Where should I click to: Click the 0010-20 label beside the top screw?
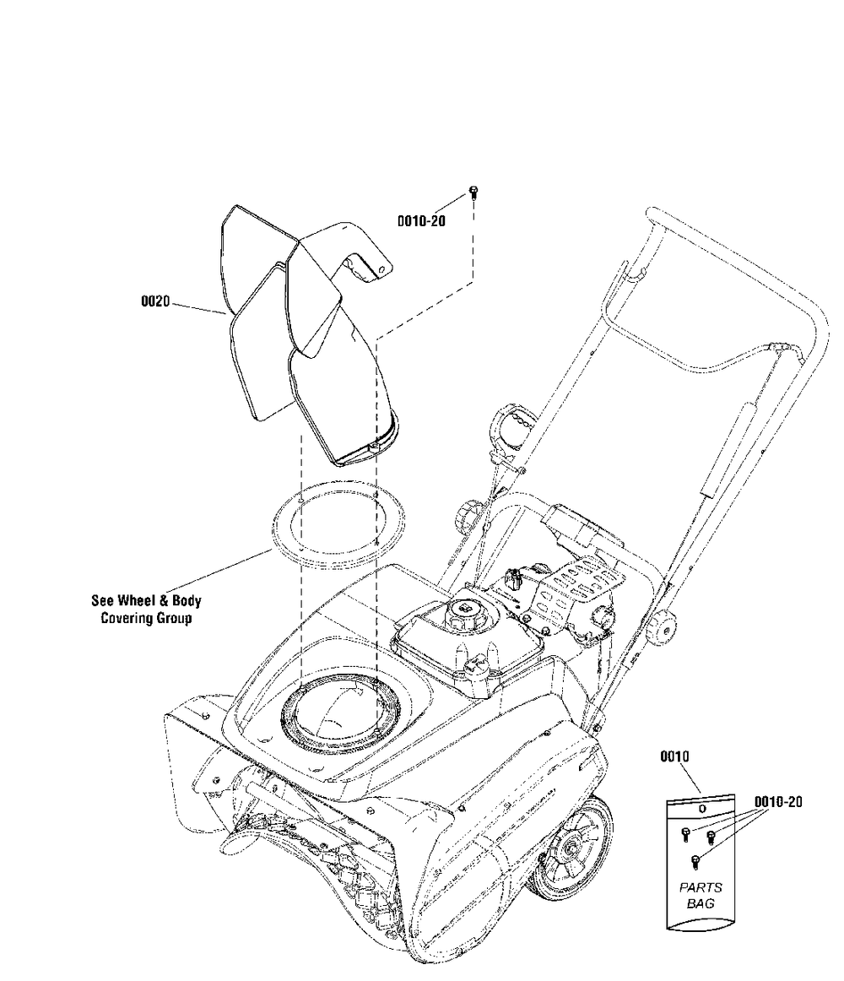click(421, 220)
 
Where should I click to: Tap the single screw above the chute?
click(472, 192)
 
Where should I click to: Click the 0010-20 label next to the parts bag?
click(777, 801)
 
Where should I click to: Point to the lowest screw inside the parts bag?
click(694, 861)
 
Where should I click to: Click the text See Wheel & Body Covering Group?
click(146, 610)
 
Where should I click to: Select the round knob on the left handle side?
click(470, 514)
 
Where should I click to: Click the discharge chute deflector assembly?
click(304, 329)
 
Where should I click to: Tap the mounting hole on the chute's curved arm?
click(381, 270)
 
